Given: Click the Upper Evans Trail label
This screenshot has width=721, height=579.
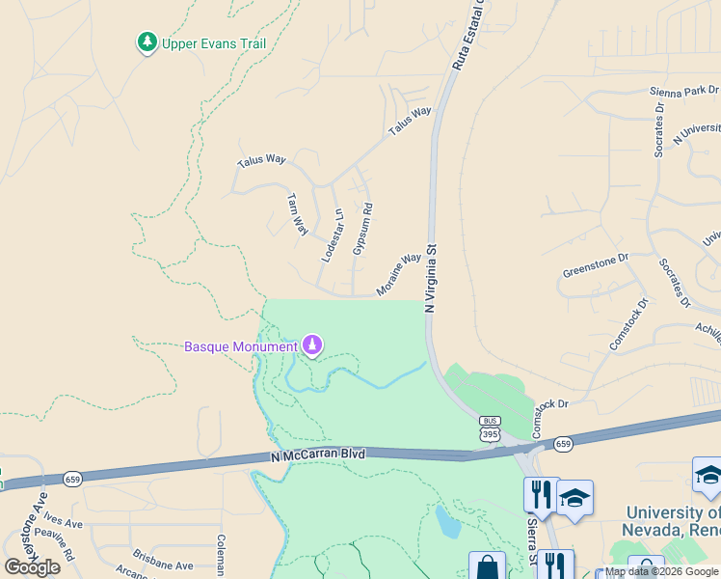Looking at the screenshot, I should [x=213, y=43].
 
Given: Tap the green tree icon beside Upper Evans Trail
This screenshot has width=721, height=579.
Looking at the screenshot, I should [x=147, y=42].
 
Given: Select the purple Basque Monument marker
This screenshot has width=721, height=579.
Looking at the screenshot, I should [x=311, y=345].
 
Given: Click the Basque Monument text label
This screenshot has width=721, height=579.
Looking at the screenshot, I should [x=241, y=346].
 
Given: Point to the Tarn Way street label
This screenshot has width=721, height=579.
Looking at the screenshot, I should [x=297, y=214].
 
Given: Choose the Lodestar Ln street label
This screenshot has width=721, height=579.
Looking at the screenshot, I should [x=332, y=234].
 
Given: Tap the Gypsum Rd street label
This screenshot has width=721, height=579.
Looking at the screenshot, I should [x=362, y=229].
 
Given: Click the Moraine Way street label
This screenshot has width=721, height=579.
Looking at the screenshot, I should [x=399, y=274].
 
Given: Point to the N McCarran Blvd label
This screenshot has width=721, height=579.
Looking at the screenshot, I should [x=318, y=455].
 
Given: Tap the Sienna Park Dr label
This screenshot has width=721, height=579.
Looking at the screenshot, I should [x=680, y=92].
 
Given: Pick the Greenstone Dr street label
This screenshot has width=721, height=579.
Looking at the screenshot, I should [x=595, y=265].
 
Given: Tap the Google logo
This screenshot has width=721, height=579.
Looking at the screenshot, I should [x=32, y=566].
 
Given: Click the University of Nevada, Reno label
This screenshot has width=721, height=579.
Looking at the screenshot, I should [x=673, y=521].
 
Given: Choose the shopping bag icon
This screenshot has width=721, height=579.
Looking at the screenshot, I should [x=487, y=567].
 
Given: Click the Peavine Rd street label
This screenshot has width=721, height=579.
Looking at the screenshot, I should [x=54, y=543].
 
